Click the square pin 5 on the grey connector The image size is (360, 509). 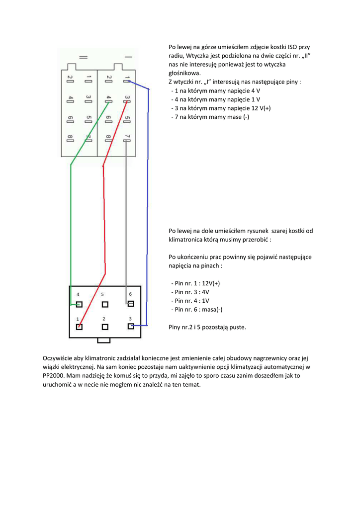click(105, 304)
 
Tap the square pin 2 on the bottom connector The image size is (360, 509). click(105, 327)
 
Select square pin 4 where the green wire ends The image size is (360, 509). click(79, 304)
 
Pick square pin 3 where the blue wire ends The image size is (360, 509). click(131, 326)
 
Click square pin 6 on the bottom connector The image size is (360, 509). click(131, 303)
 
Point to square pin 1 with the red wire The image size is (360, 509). click(79, 327)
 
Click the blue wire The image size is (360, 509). click(148, 199)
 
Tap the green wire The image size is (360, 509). click(71, 224)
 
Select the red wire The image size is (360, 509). click(104, 224)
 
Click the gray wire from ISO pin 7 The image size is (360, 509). click(126, 224)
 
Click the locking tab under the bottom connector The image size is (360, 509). click(104, 340)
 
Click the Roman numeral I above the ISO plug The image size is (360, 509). click(128, 57)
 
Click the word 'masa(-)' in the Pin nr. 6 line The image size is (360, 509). click(212, 310)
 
